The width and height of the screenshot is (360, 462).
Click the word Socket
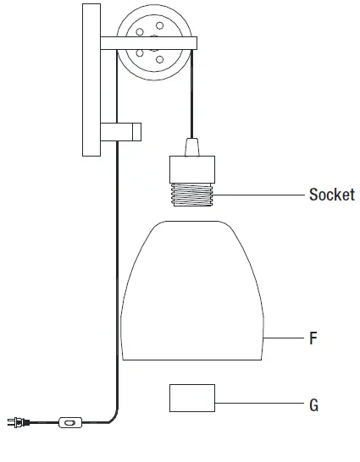[331, 195]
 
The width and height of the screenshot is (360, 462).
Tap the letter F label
[313, 338]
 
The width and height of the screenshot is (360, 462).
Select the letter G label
[313, 405]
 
